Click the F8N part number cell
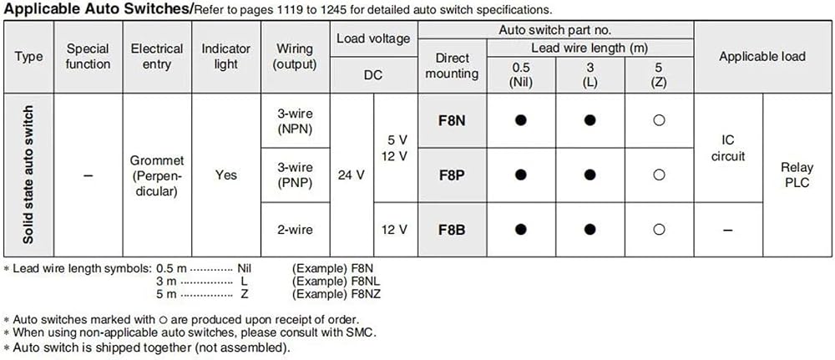pyautogui.click(x=452, y=121)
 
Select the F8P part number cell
pyautogui.click(x=452, y=175)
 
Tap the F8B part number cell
pyautogui.click(x=452, y=230)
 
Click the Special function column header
pyautogui.click(x=89, y=57)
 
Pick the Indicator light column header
pyautogui.click(x=225, y=57)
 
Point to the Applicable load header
pyautogui.click(x=762, y=57)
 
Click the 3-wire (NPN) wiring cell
pyautogui.click(x=295, y=121)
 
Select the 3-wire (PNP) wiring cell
pyautogui.click(x=295, y=175)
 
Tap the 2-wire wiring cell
pyautogui.click(x=295, y=230)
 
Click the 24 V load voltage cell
pyautogui.click(x=352, y=175)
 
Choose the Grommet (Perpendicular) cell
pyautogui.click(x=157, y=175)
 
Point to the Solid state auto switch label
pyautogui.click(x=28, y=175)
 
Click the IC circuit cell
pyautogui.click(x=728, y=148)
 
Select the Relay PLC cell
pyautogui.click(x=797, y=175)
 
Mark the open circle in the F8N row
pyautogui.click(x=659, y=121)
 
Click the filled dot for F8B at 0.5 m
pyautogui.click(x=521, y=230)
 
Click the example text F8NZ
pyautogui.click(x=367, y=293)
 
